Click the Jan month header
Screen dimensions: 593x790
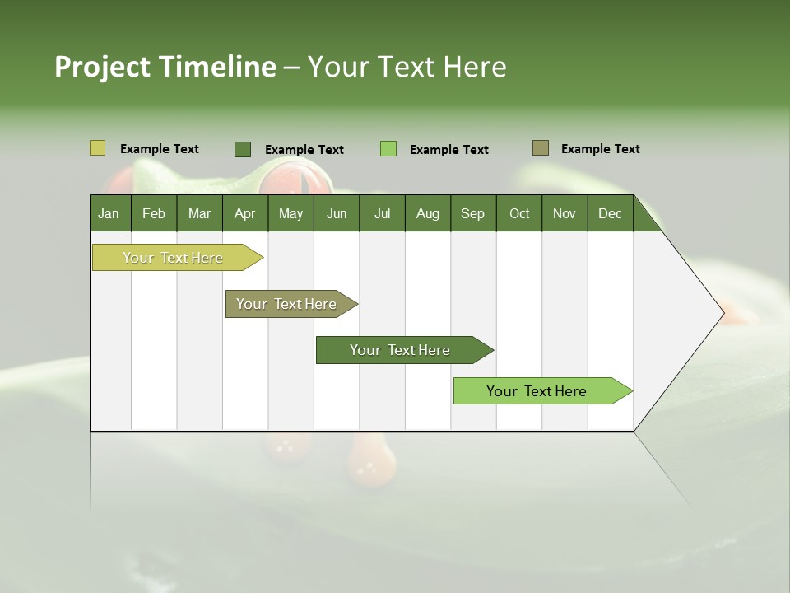109,213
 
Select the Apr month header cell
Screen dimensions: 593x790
245,213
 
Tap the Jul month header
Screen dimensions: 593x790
382,213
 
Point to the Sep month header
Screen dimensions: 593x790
472,213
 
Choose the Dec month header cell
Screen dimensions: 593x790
610,213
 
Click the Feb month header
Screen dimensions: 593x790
154,213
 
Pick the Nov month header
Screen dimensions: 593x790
565,213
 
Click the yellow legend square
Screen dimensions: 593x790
97,148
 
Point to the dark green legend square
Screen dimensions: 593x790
243,149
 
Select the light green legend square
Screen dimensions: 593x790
388,149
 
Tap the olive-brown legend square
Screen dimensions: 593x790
541,148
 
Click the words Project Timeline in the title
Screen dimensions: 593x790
165,67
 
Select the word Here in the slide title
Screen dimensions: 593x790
475,67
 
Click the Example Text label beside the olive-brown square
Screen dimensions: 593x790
600,149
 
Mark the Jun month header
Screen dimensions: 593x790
337,213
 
